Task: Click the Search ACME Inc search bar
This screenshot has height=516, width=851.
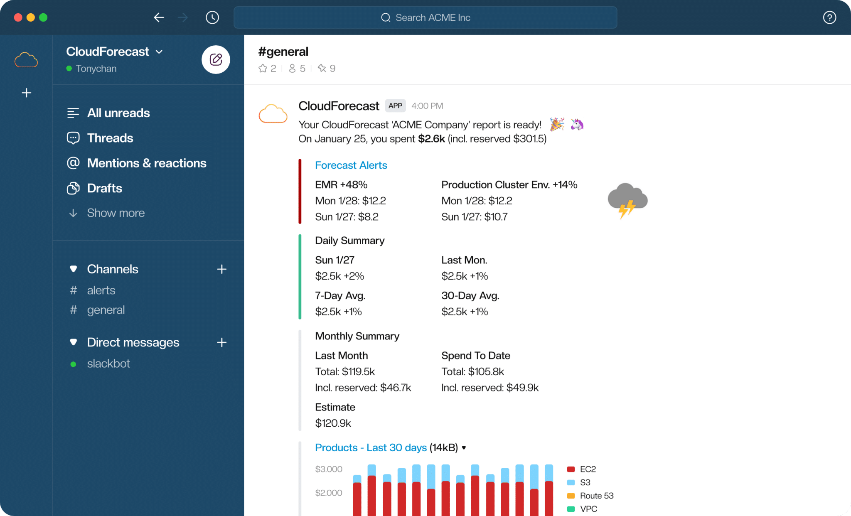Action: click(425, 17)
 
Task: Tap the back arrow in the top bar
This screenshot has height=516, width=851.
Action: click(159, 17)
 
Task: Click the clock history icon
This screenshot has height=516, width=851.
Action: click(212, 17)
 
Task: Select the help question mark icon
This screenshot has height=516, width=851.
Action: click(829, 17)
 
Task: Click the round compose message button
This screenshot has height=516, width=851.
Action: click(216, 59)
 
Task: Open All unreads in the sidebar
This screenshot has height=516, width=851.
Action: click(118, 113)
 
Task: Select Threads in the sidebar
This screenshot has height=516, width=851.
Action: click(110, 138)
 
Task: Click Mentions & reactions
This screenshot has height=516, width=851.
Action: click(146, 163)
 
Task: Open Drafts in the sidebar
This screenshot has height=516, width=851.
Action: click(104, 188)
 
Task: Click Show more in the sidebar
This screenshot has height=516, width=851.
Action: click(116, 213)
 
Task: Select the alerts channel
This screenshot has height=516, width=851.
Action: click(101, 290)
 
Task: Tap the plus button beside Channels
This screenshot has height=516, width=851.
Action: click(221, 269)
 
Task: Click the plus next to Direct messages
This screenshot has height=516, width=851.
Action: click(221, 342)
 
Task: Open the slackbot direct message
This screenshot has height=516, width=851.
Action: click(108, 364)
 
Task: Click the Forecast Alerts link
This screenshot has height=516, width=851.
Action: click(351, 165)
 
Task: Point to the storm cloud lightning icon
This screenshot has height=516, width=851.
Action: click(627, 200)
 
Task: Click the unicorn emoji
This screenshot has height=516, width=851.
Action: click(577, 124)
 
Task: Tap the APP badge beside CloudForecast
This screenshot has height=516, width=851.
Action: click(395, 106)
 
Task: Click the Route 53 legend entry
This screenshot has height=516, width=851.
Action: click(596, 496)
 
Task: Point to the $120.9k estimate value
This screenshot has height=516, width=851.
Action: click(333, 423)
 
